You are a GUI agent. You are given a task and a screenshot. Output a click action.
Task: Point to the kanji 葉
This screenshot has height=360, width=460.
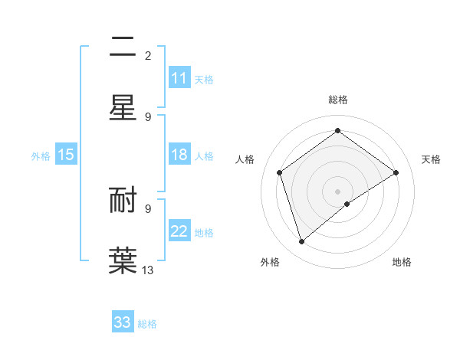tap(123, 259)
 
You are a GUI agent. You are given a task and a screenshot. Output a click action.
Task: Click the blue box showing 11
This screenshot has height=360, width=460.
tap(179, 78)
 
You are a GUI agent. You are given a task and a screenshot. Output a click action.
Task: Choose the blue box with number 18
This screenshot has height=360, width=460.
tap(179, 155)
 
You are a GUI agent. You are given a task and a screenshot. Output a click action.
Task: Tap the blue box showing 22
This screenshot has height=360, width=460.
tap(179, 231)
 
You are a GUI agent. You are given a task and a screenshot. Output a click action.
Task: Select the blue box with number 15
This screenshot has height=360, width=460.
tap(66, 155)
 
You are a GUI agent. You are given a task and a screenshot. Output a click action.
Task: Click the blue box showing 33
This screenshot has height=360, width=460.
tap(123, 322)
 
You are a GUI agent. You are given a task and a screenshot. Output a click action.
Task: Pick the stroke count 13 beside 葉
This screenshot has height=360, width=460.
tap(148, 270)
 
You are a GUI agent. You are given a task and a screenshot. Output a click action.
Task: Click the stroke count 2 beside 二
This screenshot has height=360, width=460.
tap(148, 56)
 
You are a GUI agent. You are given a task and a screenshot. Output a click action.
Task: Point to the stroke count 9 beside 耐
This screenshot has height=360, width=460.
tap(148, 208)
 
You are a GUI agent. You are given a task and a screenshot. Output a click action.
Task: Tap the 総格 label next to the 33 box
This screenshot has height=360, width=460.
tap(147, 324)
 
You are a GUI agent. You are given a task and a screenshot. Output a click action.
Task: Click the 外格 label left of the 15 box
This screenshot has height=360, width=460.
tap(41, 156)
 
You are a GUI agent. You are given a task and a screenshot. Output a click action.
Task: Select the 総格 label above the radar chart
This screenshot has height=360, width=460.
tap(338, 100)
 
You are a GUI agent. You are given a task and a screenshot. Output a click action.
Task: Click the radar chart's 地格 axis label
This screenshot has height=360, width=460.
tap(402, 262)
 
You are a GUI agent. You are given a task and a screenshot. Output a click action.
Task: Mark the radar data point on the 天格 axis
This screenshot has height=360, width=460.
tap(396, 172)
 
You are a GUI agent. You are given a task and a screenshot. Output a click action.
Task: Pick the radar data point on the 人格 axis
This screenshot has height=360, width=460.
tap(280, 172)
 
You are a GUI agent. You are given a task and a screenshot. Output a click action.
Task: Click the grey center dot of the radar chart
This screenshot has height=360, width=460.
tap(338, 191)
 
